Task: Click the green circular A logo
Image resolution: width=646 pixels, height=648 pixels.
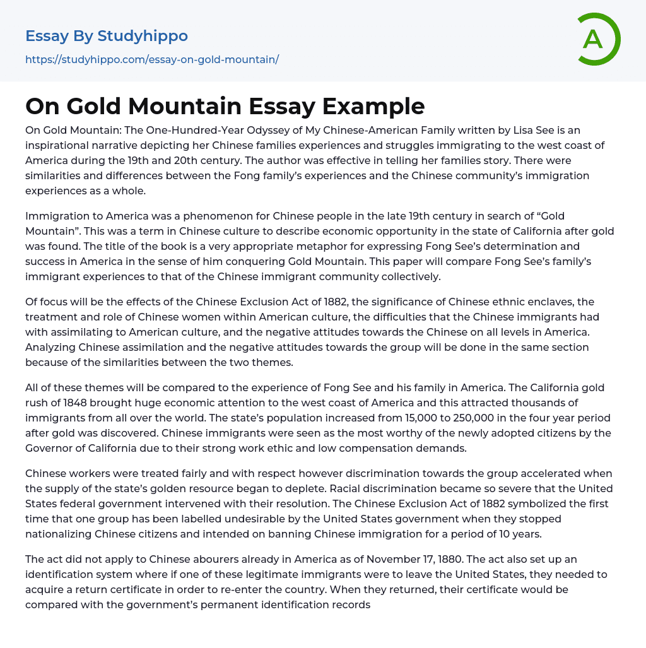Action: click(597, 39)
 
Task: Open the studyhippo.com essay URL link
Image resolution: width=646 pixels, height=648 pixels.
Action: click(152, 60)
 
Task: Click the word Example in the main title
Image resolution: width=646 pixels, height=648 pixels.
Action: click(373, 107)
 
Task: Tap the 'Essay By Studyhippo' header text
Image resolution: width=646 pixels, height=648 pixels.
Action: click(107, 36)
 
